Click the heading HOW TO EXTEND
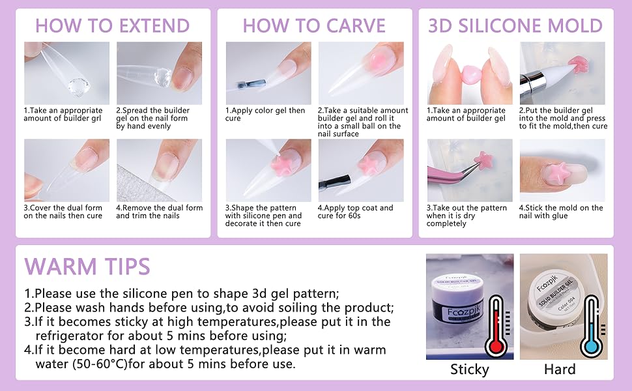tap(113, 26)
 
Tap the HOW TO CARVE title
tap(314, 26)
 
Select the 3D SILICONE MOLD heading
tap(515, 26)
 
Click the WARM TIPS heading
tap(87, 266)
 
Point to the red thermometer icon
tap(498, 326)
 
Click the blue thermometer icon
tap(592, 326)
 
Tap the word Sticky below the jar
tap(470, 369)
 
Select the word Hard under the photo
tap(560, 369)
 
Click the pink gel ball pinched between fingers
tap(469, 75)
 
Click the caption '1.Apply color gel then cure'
tap(265, 114)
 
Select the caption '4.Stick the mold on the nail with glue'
tap(561, 212)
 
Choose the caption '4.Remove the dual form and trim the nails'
tap(159, 212)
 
